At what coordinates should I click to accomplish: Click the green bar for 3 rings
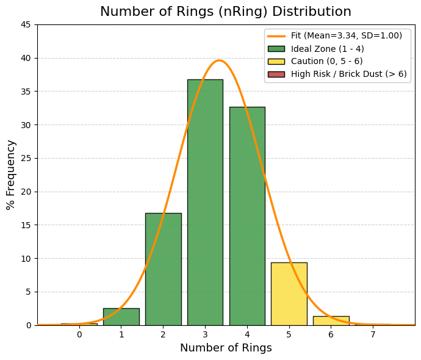205,202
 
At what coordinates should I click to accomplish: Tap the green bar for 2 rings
163,269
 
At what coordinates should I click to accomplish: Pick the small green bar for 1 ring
121,317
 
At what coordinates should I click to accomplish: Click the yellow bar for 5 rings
289,293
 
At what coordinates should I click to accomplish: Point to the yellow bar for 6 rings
331,320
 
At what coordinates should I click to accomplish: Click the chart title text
226,12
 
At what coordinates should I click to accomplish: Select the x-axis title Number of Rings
226,348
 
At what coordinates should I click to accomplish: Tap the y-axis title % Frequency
11,175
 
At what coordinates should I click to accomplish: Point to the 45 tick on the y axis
26,25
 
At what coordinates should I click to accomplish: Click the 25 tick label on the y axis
26,158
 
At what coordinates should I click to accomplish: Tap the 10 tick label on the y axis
26,258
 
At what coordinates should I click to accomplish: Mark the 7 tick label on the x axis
373,334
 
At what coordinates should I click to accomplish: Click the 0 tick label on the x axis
79,334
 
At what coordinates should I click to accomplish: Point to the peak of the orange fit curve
219,60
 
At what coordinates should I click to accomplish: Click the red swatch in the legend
276,74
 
